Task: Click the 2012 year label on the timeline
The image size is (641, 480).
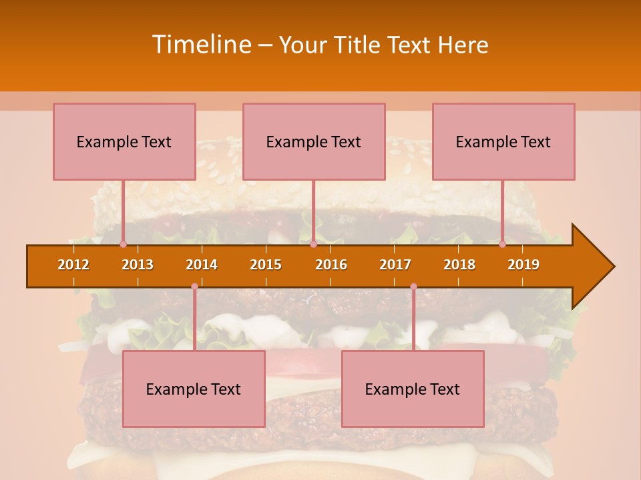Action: point(73,265)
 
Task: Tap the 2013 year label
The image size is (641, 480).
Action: point(138,265)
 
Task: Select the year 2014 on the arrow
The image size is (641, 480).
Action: point(202,265)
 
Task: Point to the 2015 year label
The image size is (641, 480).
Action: point(266,265)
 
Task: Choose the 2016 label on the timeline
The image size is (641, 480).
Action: point(331,265)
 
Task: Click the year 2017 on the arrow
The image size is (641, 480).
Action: point(395,265)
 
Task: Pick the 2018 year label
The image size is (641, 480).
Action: point(459,265)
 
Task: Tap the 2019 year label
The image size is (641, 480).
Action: point(523,265)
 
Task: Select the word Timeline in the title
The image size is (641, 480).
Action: point(201,45)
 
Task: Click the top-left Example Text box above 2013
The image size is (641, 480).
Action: point(124,141)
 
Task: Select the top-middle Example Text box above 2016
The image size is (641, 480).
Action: point(314,141)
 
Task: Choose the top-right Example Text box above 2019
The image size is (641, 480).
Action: point(503,141)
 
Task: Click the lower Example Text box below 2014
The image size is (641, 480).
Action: point(194,389)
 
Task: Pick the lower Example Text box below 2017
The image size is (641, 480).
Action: point(413,389)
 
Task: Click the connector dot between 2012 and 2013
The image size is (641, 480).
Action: point(123,244)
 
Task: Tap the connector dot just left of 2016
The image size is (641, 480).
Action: point(313,244)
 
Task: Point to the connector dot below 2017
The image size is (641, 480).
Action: point(413,287)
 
